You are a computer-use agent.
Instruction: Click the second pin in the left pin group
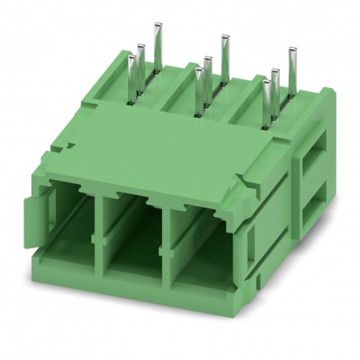click(x=141, y=67)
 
